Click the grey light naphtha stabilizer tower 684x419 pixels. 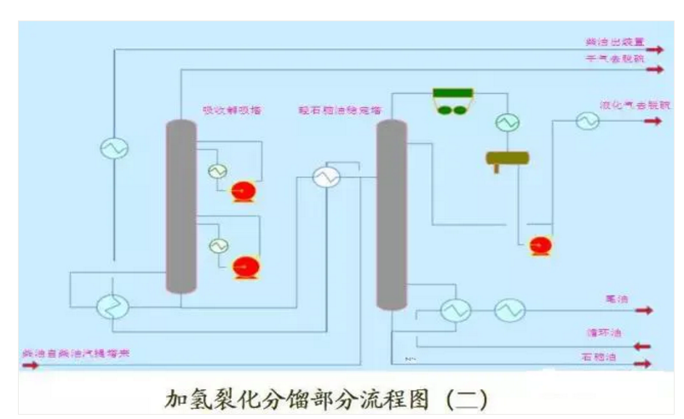[x=391, y=213]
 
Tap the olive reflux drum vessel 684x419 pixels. [x=508, y=158]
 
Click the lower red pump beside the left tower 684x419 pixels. [x=246, y=266]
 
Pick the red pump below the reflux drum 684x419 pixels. [x=539, y=245]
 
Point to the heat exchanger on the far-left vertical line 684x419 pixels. [x=114, y=148]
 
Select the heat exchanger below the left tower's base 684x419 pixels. [x=112, y=306]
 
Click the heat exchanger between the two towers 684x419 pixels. [x=325, y=176]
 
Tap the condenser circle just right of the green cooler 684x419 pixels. [x=509, y=123]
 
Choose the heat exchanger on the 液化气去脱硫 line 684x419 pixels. [x=586, y=122]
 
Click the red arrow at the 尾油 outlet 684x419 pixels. [x=643, y=311]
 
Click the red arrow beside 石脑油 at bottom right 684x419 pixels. [x=643, y=364]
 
